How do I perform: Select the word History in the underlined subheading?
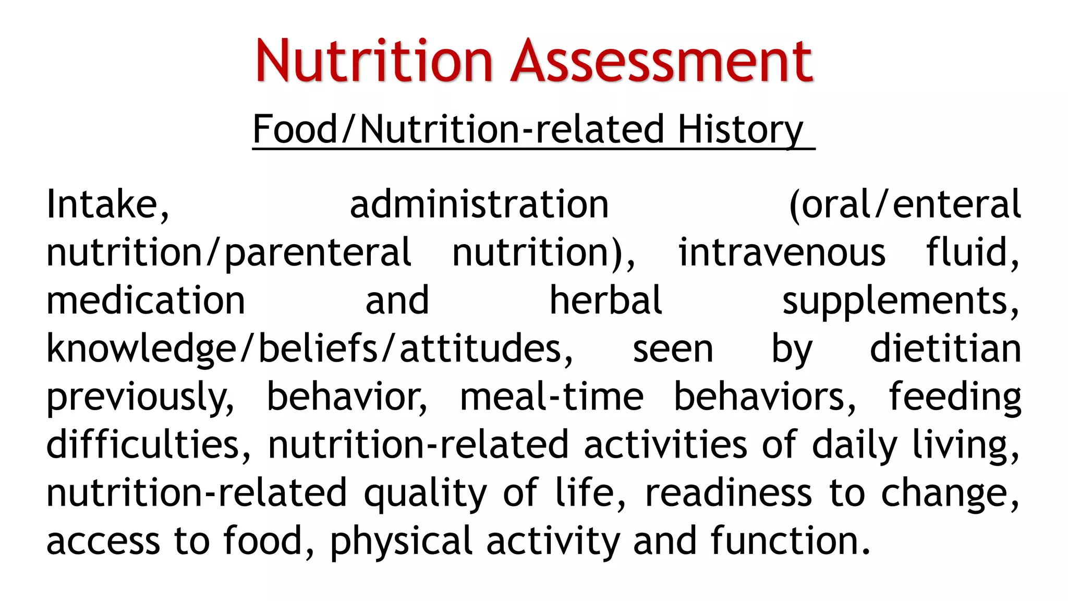(740, 129)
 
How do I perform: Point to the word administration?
(479, 204)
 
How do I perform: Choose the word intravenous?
(781, 253)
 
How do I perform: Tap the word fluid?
(972, 253)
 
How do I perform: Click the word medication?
(145, 300)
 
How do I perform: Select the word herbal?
(605, 300)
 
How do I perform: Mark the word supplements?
(900, 302)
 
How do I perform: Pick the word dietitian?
(945, 348)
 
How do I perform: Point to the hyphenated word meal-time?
(551, 396)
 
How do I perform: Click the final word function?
(790, 540)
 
